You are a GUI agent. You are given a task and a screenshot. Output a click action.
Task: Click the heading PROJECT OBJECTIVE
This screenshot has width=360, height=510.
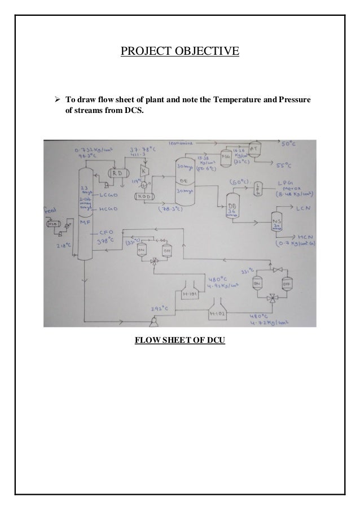click(180, 53)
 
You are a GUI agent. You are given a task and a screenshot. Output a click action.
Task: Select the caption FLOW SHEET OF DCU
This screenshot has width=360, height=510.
click(179, 341)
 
